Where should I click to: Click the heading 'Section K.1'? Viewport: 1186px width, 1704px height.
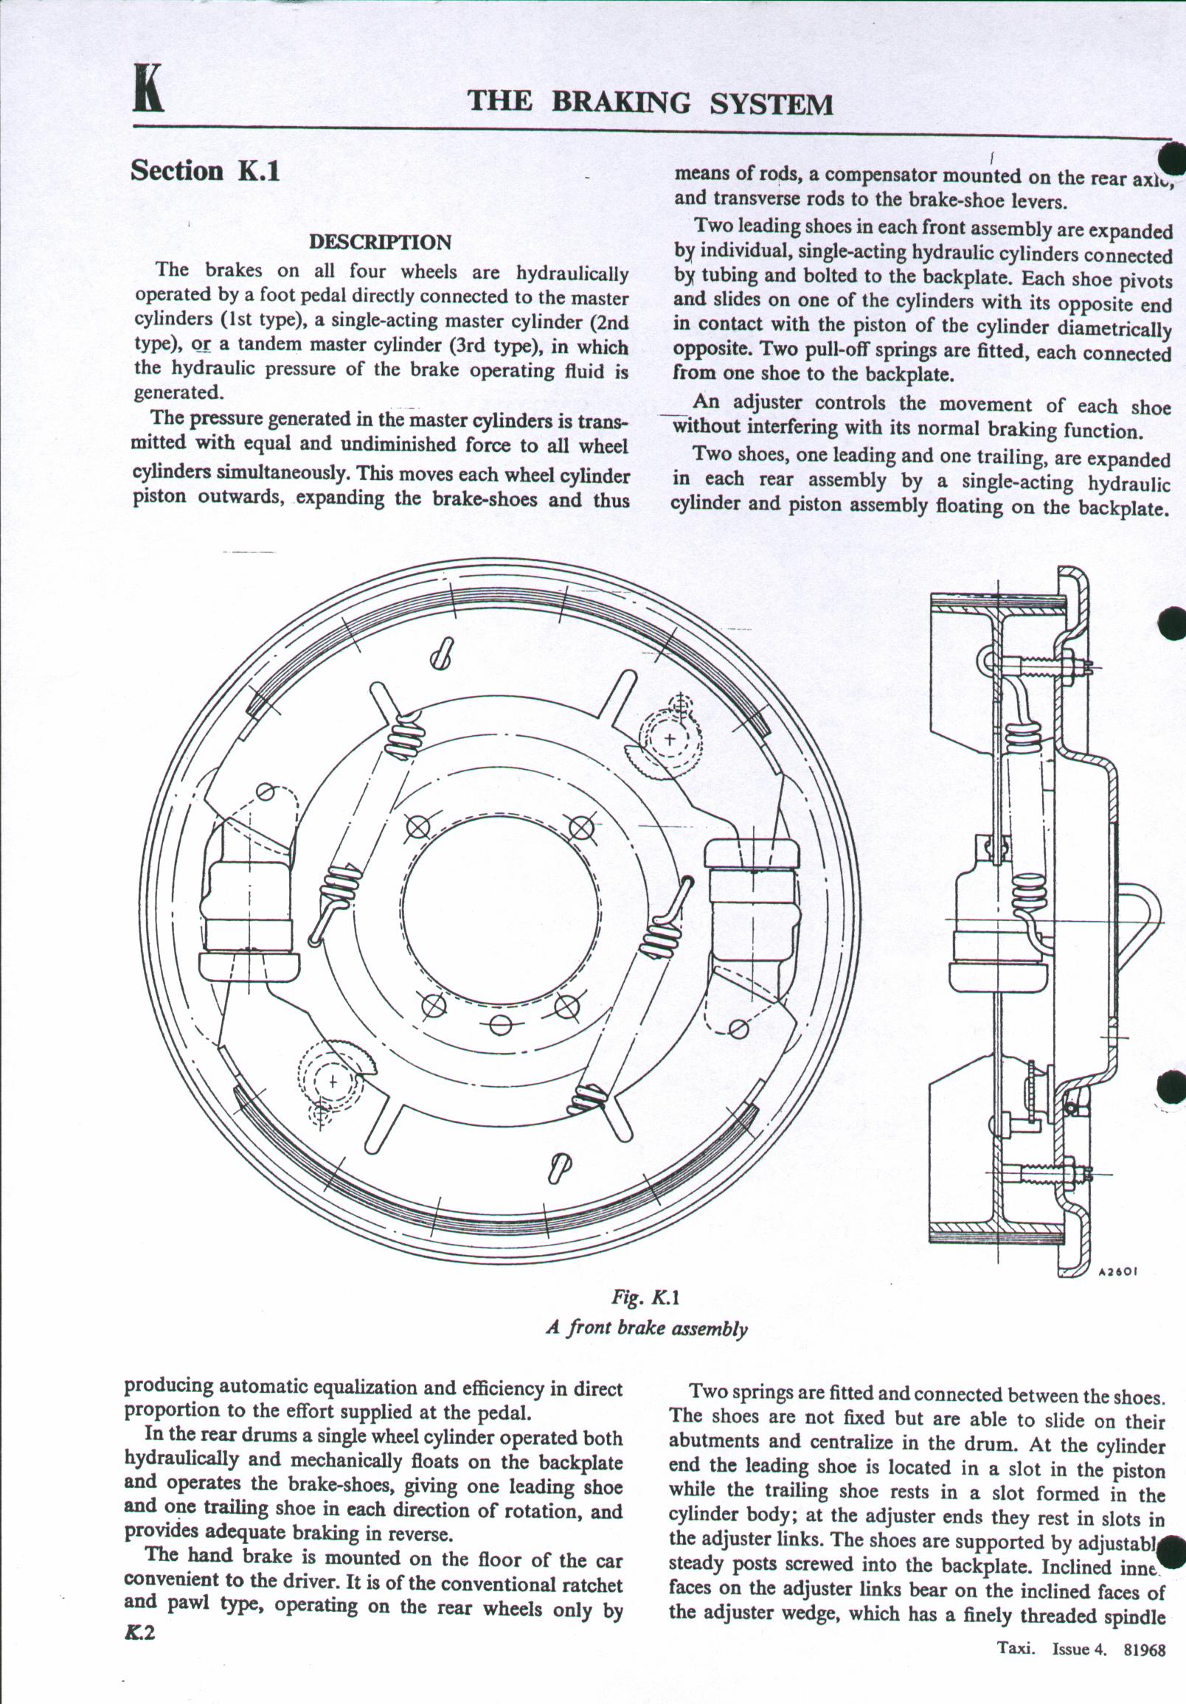[x=205, y=171]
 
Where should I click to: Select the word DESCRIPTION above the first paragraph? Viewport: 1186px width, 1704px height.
[x=379, y=243]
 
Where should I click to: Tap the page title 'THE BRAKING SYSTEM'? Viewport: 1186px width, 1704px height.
[x=650, y=102]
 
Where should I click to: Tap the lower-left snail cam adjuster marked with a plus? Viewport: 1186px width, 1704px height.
[x=332, y=1082]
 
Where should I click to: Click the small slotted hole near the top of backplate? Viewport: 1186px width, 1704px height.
[x=443, y=654]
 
